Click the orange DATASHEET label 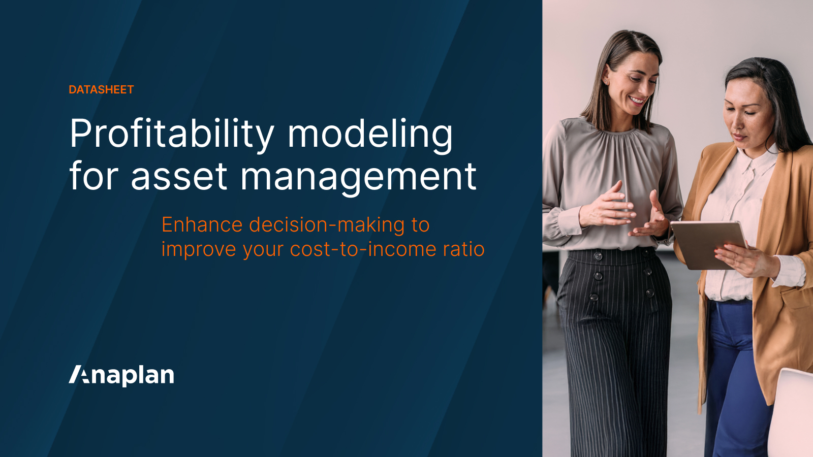tap(101, 90)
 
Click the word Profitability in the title tap(172, 134)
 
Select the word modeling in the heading tap(370, 134)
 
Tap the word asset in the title tap(179, 177)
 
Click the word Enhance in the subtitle tap(202, 225)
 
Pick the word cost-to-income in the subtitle tap(363, 249)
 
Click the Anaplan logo tap(121, 375)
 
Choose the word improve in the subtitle tap(198, 249)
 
